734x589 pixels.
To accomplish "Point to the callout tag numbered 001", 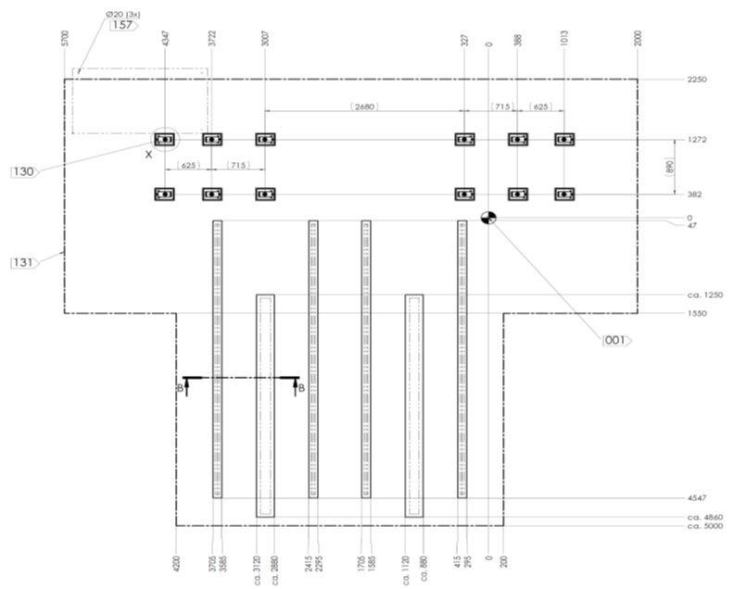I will (x=615, y=341).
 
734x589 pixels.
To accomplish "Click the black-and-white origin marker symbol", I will (x=488, y=218).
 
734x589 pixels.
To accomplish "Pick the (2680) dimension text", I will (x=365, y=107).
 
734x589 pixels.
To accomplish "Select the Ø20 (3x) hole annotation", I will (x=123, y=14).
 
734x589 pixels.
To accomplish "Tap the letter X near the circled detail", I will (x=148, y=155).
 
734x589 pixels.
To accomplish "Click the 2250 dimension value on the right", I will (x=698, y=80).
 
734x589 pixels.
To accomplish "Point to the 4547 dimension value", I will (x=698, y=498).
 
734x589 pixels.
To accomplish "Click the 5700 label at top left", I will (x=64, y=39).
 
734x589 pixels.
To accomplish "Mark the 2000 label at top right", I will (x=638, y=39).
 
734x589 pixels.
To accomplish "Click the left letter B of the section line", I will (x=180, y=388).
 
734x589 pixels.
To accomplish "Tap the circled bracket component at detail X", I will (x=166, y=140).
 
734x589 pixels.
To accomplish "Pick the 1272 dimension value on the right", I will (x=698, y=140).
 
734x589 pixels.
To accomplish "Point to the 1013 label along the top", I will (x=564, y=39).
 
